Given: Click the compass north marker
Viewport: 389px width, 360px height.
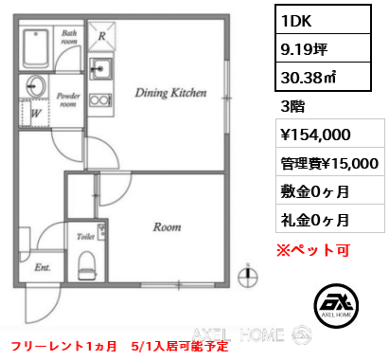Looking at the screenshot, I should [x=247, y=277].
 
